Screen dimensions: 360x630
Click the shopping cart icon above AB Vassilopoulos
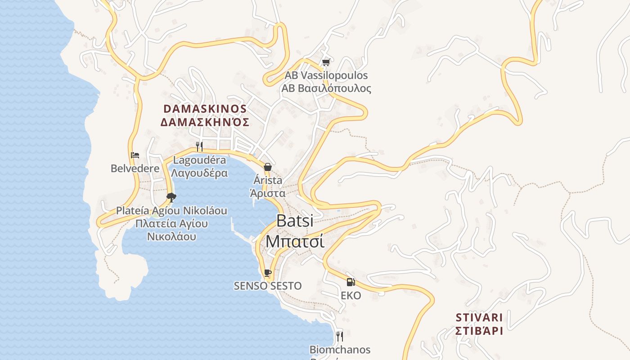326,63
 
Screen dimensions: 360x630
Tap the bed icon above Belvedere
135,155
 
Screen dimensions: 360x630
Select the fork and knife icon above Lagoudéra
199,146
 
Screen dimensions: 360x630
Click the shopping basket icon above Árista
268,167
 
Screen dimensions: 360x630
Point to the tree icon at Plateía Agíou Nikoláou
171,197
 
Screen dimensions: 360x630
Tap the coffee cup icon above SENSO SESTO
268,273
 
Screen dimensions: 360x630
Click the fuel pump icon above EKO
351,282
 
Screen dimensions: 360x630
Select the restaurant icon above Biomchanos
340,336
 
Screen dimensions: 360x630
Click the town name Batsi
295,220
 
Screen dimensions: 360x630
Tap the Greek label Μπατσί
295,241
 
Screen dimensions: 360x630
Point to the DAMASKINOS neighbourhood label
205,109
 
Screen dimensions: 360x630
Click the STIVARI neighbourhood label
479,318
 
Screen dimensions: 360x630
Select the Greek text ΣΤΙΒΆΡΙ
479,331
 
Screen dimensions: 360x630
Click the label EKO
351,296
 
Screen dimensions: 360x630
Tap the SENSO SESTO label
268,286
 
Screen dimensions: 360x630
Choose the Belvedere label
135,169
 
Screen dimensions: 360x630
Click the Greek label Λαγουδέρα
200,173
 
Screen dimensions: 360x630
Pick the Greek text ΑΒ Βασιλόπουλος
326,88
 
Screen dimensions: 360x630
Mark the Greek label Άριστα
268,193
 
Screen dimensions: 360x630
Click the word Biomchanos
340,350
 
